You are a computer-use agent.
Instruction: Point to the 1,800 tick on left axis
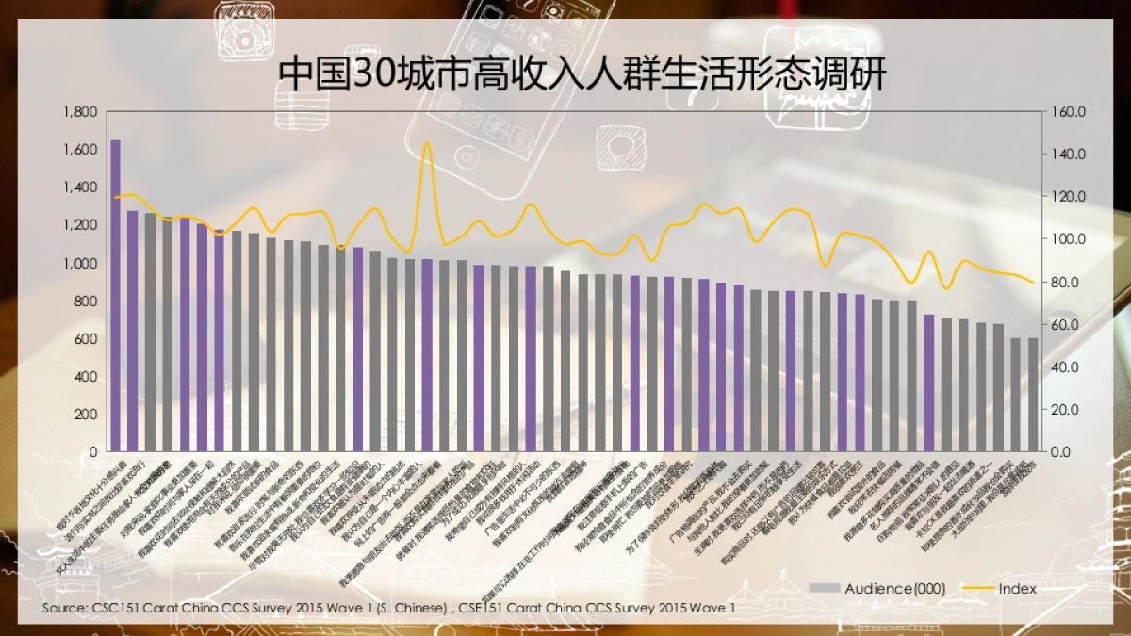coord(80,112)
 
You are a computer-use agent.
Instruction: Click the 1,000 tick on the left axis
coord(80,264)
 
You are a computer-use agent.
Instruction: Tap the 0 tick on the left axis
coord(92,452)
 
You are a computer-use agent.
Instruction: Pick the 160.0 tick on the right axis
coord(1069,112)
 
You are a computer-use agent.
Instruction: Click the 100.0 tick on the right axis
coord(1069,239)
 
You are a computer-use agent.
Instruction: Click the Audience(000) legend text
coord(894,588)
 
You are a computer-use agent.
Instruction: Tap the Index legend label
coord(1017,588)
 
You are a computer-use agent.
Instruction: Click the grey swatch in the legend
coord(824,588)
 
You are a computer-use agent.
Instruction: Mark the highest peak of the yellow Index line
coord(426,144)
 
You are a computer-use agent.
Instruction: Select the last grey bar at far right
coord(1032,395)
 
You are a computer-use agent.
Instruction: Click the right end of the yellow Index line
coord(1033,282)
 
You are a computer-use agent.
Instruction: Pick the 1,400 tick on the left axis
coord(80,188)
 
